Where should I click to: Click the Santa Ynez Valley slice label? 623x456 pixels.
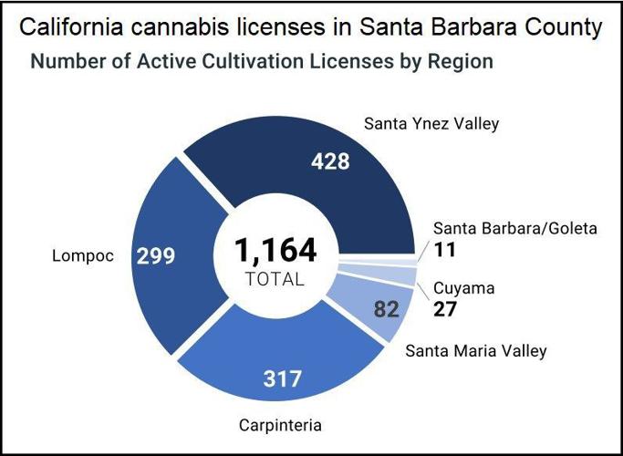[x=431, y=123]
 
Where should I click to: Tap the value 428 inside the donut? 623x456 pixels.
[x=330, y=161]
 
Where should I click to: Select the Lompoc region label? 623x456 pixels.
[x=82, y=255]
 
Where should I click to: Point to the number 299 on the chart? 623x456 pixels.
[x=156, y=256]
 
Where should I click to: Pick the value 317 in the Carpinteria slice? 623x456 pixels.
[x=282, y=378]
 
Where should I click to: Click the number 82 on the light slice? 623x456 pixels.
[x=388, y=309]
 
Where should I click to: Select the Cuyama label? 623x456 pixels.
[x=463, y=288]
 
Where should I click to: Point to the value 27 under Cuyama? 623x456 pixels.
[x=444, y=308]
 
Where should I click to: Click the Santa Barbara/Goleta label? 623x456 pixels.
[x=514, y=228]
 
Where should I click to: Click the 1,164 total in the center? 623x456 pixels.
[x=275, y=250]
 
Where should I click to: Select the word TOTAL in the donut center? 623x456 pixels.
[x=275, y=279]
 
